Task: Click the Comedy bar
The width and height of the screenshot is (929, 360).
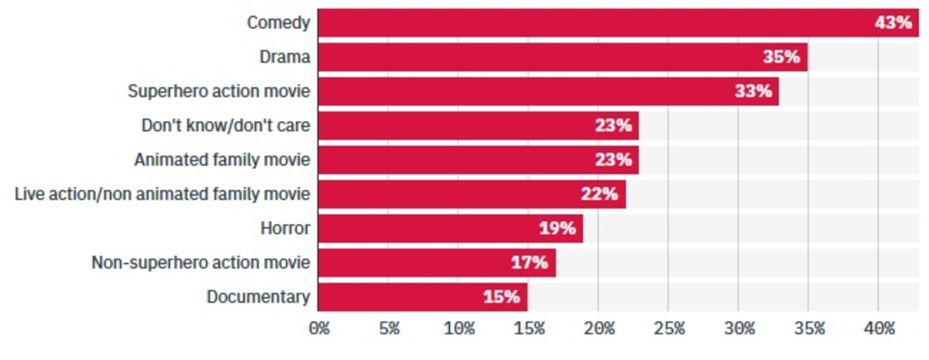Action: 618,23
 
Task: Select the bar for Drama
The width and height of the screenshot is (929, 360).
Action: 562,57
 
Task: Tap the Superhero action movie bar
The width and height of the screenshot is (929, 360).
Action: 548,91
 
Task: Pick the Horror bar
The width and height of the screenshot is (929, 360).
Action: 450,228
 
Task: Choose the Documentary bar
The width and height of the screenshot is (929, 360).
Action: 422,297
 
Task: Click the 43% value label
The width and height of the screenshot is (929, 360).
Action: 893,23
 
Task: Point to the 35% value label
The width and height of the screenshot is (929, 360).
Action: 782,57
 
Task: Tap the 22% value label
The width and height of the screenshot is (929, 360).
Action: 600,194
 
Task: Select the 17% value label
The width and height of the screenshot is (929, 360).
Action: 530,262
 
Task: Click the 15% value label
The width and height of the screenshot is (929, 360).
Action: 502,297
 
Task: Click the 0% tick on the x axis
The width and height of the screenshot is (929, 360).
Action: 319,329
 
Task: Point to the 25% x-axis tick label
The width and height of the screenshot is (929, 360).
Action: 669,329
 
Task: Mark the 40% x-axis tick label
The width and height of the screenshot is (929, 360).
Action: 879,329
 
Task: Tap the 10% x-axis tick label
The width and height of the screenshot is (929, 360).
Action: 459,329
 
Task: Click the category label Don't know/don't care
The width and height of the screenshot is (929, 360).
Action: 226,125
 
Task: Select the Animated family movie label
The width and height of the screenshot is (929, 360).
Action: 222,159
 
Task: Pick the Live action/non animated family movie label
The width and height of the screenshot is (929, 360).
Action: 163,194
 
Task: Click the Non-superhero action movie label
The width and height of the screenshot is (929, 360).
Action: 201,262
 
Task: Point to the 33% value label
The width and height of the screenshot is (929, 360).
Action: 754,91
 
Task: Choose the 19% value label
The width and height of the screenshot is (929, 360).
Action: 557,228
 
